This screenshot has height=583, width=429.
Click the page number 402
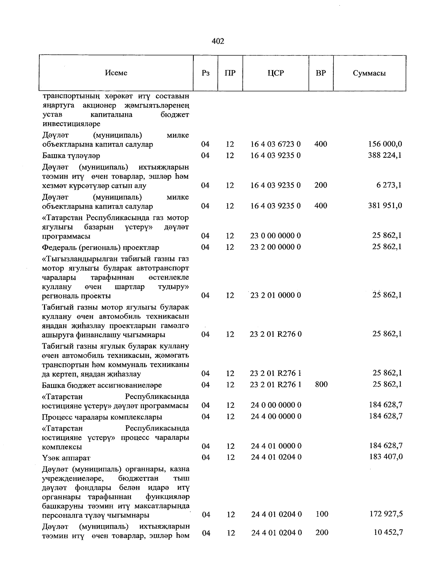click(218, 41)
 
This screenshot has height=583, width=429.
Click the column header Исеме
click(116, 73)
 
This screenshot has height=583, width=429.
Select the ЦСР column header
click(275, 73)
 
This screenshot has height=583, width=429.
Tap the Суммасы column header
click(369, 73)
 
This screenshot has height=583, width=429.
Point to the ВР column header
click(321, 73)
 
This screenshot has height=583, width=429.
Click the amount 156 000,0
click(385, 144)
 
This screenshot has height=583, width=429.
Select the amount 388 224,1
click(385, 155)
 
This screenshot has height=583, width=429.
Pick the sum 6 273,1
click(390, 185)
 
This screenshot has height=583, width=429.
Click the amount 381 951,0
click(385, 206)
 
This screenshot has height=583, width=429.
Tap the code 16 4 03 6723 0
click(275, 144)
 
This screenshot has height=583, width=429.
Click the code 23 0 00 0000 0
click(275, 236)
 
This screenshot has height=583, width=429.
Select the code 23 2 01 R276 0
click(275, 334)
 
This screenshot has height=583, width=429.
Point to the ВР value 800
click(321, 384)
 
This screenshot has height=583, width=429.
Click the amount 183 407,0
click(386, 457)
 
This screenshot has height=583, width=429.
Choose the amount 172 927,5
click(386, 514)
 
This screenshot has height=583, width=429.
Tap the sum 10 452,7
click(387, 532)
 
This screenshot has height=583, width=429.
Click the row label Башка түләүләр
click(71, 156)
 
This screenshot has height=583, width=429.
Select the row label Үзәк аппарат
click(66, 458)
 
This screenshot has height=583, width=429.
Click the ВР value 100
click(322, 514)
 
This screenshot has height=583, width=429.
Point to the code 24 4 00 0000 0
click(276, 416)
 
